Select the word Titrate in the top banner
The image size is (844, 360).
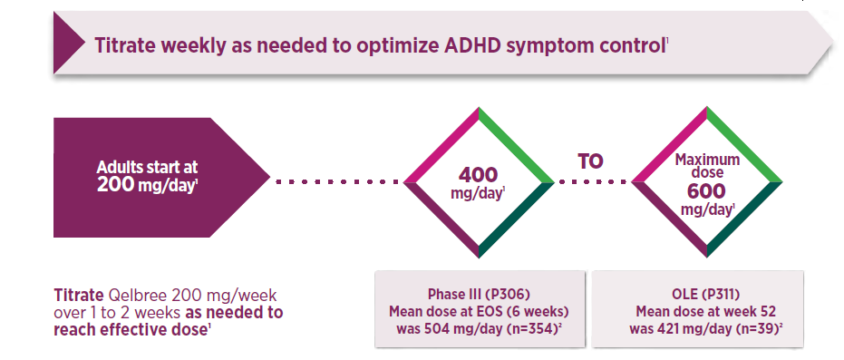pos(124,45)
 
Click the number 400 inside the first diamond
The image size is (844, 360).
pos(479,175)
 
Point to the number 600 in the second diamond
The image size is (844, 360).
pos(706,191)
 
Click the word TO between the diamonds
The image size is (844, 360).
pos(590,161)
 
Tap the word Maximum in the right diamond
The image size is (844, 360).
pos(707,161)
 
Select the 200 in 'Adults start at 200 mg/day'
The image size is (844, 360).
pos(115,185)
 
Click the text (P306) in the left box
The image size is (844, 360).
pos(509,295)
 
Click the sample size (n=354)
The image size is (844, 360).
pos(533,329)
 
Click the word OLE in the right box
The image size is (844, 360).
pos(678,295)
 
